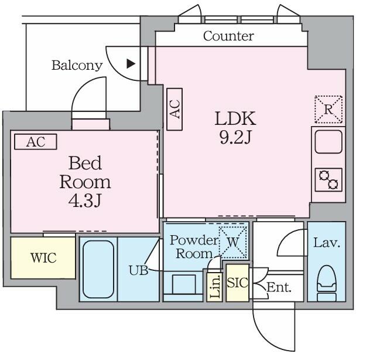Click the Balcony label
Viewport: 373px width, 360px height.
pyautogui.click(x=77, y=65)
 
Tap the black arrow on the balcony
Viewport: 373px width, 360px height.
pyautogui.click(x=131, y=63)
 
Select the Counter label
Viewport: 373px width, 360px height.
pyautogui.click(x=228, y=36)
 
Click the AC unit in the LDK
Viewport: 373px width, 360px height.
pyautogui.click(x=174, y=109)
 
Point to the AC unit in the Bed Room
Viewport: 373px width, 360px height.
pyautogui.click(x=36, y=142)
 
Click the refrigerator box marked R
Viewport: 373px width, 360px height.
pyautogui.click(x=328, y=110)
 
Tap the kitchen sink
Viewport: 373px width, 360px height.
pyautogui.click(x=328, y=142)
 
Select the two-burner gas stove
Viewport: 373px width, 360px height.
pyautogui.click(x=328, y=179)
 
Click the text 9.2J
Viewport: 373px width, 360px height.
pyautogui.click(x=235, y=138)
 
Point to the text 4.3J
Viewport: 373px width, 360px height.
pyautogui.click(x=85, y=201)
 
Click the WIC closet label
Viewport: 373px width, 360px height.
pyautogui.click(x=43, y=258)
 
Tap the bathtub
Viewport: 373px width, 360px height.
pyautogui.click(x=98, y=269)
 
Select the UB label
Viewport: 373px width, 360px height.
pyautogui.click(x=138, y=270)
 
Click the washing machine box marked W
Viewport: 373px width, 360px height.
pyautogui.click(x=233, y=242)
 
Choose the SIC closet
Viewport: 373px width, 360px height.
pyautogui.click(x=238, y=283)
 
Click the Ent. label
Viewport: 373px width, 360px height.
pyautogui.click(x=279, y=287)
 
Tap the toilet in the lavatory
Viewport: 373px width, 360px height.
pyautogui.click(x=327, y=284)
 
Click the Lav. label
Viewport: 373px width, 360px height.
pyautogui.click(x=326, y=243)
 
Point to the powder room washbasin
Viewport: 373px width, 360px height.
pyautogui.click(x=184, y=284)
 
